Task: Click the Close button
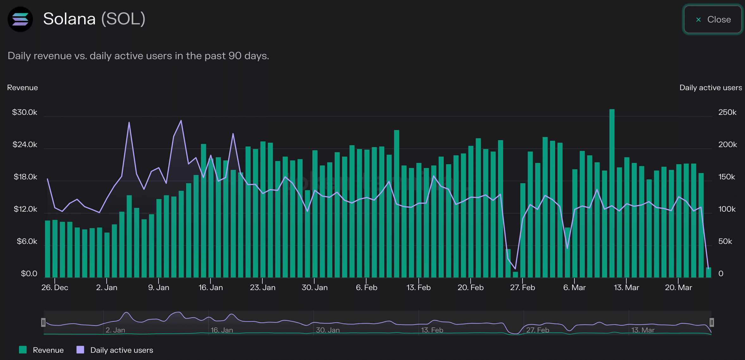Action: pos(713,20)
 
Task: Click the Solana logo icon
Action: pos(20,19)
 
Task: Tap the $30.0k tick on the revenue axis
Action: pos(24,112)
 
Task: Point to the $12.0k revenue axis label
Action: pos(25,209)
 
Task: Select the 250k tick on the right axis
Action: pos(727,112)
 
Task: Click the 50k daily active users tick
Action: pos(725,241)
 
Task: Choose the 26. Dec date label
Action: pos(55,288)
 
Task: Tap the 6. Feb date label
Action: pos(366,288)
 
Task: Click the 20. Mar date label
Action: pos(678,288)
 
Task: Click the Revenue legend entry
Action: pos(41,350)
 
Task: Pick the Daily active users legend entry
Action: pos(115,350)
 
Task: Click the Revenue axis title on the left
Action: pos(22,88)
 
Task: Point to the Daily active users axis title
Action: pos(711,88)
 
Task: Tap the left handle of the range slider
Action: pos(43,322)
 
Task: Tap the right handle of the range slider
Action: pos(711,322)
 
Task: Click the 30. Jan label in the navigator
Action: pos(328,330)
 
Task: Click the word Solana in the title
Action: pos(69,19)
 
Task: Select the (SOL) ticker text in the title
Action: pos(123,19)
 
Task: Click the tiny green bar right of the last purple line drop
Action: pos(708,273)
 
